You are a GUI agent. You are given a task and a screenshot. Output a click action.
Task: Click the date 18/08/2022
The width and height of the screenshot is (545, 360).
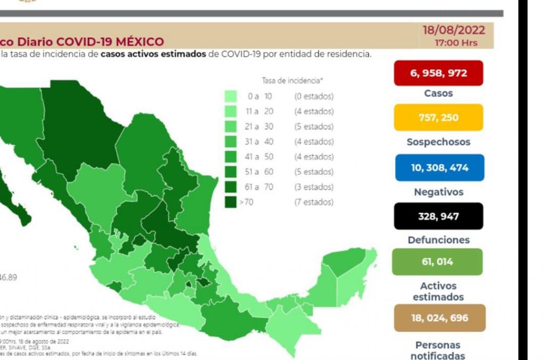453,30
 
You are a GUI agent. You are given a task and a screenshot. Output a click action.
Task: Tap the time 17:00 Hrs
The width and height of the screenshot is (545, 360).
456,43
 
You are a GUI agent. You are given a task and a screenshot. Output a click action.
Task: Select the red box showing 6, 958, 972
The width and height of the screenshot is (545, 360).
439,73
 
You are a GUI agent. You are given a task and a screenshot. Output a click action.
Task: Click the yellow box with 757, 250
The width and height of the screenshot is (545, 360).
439,117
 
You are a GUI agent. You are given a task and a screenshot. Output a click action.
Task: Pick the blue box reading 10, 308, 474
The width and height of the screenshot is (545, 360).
439,167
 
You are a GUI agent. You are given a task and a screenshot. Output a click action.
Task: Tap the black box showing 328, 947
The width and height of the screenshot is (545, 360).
439,216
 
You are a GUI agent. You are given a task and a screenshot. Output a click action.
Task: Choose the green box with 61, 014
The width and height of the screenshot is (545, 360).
437,261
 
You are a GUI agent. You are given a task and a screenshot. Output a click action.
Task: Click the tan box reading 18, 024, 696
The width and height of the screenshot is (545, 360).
439,318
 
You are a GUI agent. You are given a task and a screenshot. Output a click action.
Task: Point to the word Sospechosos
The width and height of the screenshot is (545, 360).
439,142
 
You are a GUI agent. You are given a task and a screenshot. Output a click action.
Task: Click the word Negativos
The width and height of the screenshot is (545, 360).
439,192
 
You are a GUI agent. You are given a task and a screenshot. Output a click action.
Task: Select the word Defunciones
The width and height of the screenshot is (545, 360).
439,240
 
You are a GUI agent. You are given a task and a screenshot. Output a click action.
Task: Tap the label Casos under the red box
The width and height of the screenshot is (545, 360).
439,93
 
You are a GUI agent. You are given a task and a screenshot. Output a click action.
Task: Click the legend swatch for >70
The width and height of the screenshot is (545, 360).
230,202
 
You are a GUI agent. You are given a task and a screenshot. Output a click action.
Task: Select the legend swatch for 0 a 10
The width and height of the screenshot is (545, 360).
230,96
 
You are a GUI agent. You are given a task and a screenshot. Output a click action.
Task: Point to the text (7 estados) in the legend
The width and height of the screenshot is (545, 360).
313,202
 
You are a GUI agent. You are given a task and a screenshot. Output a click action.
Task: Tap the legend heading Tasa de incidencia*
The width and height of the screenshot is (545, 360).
292,81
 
